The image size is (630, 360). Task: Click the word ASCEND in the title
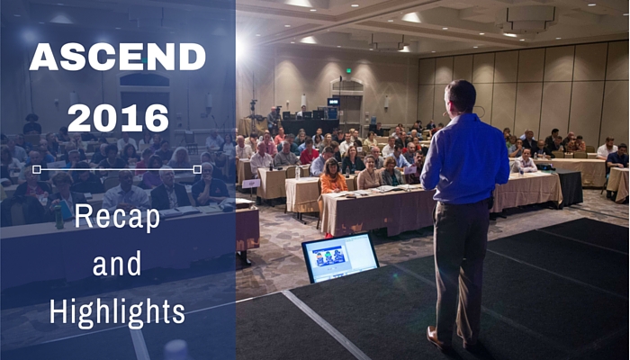(117, 57)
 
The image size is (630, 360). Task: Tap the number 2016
(118, 118)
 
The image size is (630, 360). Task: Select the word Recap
(117, 218)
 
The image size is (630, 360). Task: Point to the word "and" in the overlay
(117, 264)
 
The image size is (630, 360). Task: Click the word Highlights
(117, 311)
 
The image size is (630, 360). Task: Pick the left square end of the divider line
(37, 169)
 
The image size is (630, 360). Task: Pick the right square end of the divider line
(197, 169)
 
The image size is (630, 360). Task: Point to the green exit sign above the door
(348, 71)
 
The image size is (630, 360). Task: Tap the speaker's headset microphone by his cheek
(445, 113)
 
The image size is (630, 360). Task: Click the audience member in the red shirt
(309, 152)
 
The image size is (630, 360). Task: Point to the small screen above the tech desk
(333, 102)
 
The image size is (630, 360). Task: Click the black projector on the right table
(544, 166)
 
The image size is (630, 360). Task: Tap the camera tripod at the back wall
(253, 115)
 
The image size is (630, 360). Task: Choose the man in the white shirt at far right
(607, 148)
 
